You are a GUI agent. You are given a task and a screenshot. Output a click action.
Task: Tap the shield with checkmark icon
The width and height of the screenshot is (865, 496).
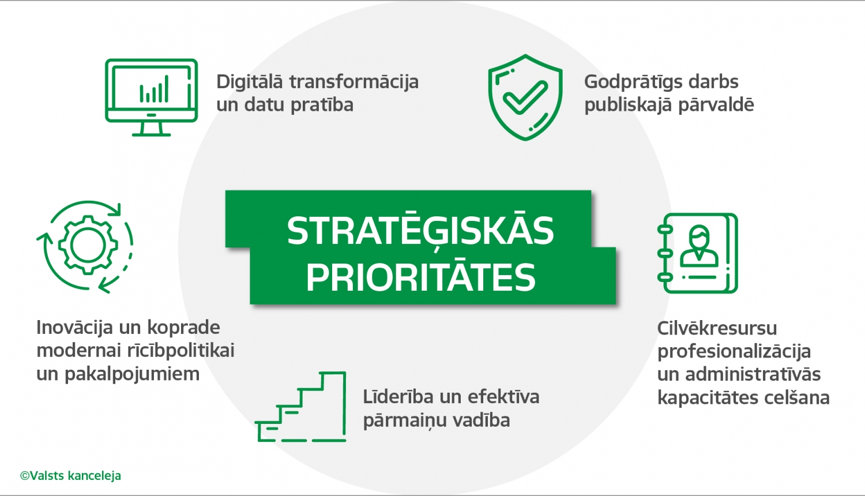click(525, 97)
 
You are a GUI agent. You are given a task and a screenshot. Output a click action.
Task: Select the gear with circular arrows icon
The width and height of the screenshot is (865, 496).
click(86, 246)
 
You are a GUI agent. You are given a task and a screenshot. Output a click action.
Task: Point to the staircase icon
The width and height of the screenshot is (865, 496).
click(302, 407)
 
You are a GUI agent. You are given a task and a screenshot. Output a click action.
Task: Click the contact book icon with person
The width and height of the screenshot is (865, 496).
click(698, 253)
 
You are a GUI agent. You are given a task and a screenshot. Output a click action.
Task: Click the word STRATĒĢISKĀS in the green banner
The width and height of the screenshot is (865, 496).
click(420, 231)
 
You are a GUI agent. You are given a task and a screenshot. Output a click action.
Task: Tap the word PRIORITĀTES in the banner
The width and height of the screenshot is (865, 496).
click(421, 277)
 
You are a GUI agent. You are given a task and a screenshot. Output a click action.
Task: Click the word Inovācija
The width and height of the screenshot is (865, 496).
click(74, 328)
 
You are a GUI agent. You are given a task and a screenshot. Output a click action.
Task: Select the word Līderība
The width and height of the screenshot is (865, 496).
click(398, 397)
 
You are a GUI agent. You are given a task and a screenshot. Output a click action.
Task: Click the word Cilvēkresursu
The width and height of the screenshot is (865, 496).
click(717, 328)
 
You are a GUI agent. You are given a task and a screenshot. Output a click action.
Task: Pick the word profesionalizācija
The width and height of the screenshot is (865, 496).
click(734, 352)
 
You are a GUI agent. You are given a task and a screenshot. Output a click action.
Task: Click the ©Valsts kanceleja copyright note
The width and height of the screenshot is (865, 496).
click(70, 476)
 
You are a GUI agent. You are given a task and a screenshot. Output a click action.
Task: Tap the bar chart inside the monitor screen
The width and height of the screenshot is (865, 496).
click(154, 90)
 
